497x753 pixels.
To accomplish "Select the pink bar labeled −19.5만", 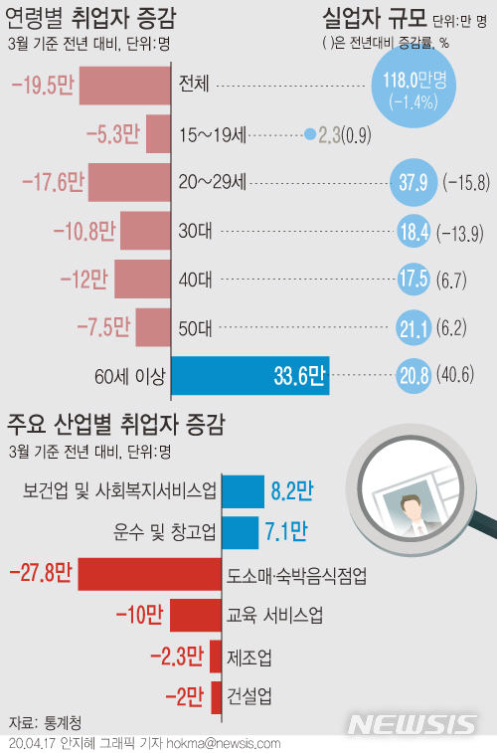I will [124, 86].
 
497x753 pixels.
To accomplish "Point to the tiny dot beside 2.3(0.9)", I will [310, 133].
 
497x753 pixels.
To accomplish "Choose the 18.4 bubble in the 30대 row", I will [412, 231].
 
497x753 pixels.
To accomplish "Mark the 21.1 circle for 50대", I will [412, 327].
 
